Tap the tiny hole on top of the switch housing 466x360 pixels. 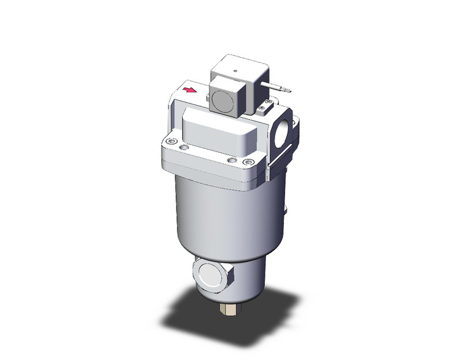235,71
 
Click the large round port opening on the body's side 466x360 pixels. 283,134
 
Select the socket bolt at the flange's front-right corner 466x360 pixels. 248,162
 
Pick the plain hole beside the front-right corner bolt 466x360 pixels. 231,160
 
